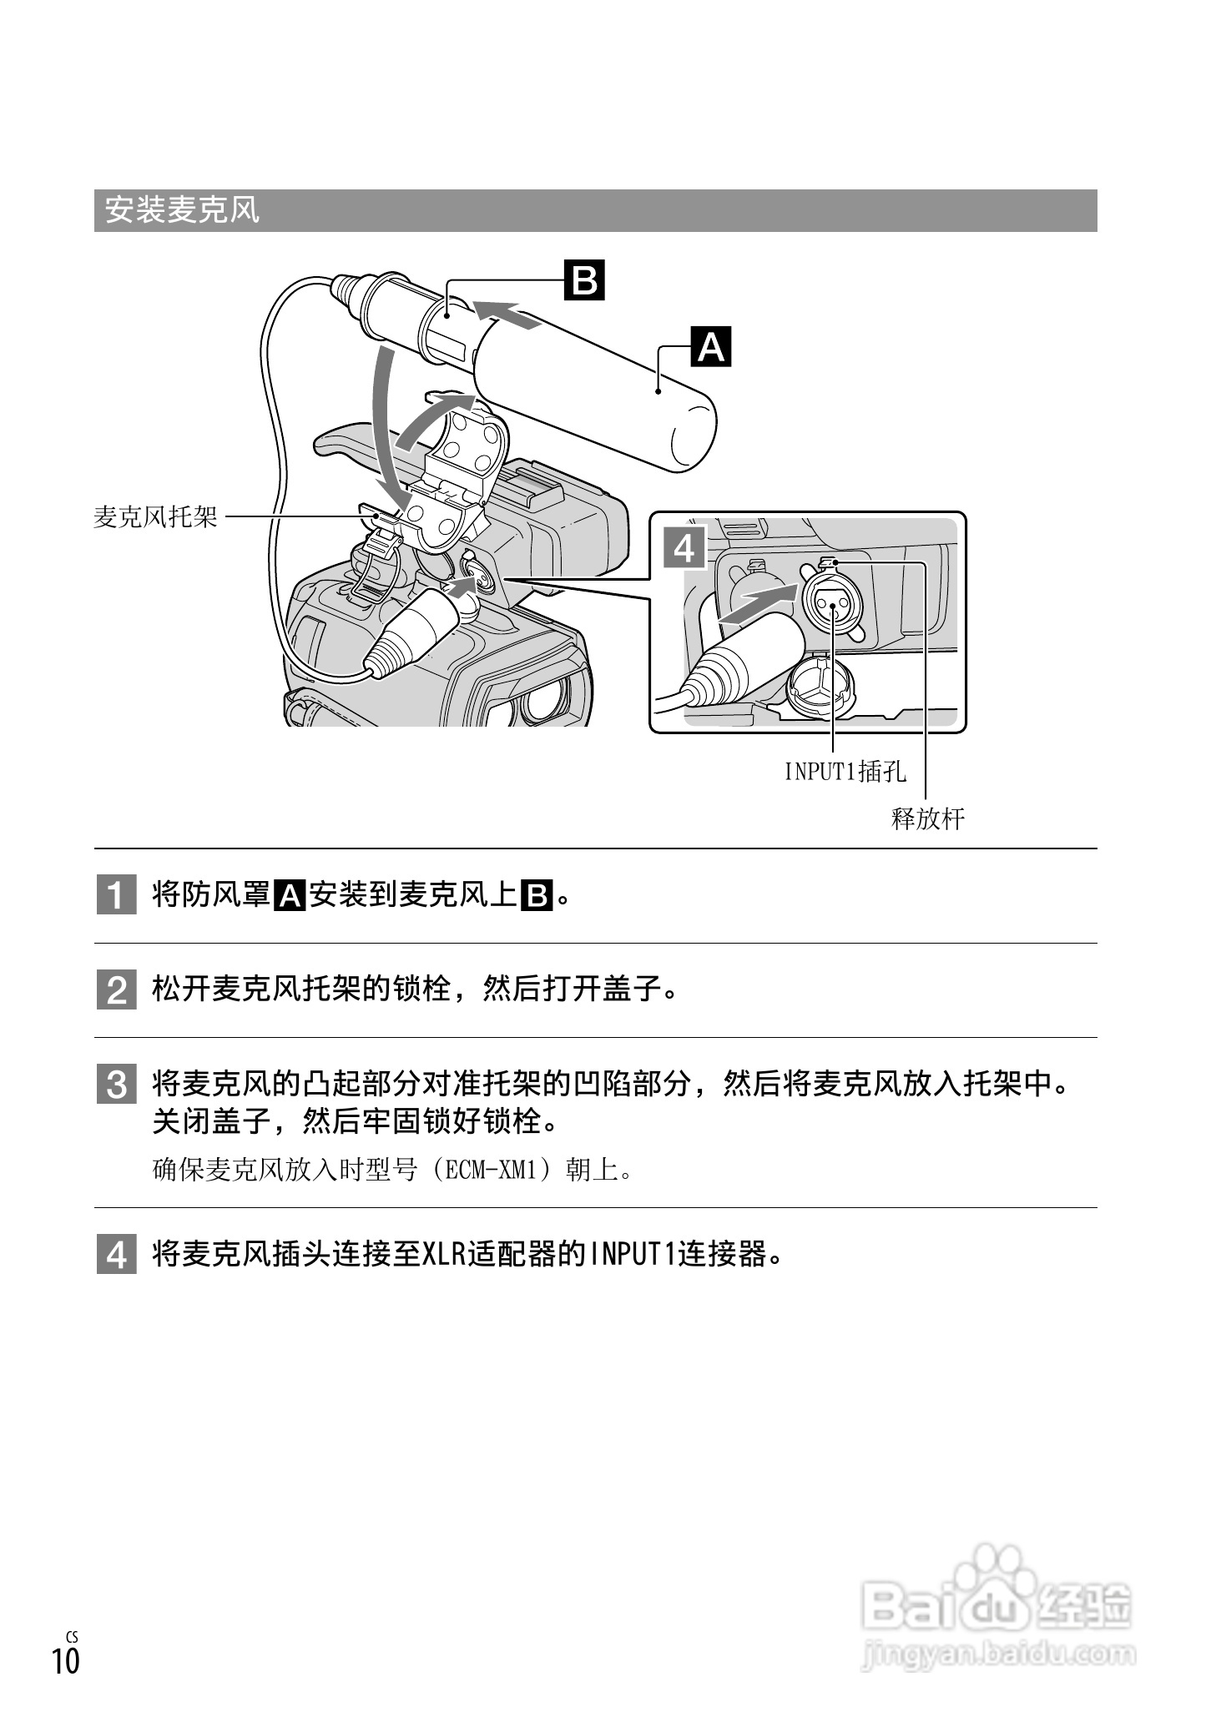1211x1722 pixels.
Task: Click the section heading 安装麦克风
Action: point(182,210)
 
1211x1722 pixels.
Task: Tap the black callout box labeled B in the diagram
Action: point(584,280)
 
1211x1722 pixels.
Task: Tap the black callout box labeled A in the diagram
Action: point(710,346)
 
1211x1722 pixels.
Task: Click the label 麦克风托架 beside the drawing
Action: point(155,517)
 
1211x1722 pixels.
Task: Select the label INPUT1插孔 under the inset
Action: point(845,772)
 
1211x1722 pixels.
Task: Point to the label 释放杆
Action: point(928,818)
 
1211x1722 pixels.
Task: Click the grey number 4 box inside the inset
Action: point(684,548)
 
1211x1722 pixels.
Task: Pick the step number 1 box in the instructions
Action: point(116,896)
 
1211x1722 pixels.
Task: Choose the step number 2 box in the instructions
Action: point(116,990)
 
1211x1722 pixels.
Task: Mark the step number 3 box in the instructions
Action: point(116,1085)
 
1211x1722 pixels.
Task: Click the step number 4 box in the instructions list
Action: point(116,1255)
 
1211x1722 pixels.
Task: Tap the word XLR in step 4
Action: point(444,1254)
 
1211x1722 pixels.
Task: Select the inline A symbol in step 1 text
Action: point(290,896)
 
